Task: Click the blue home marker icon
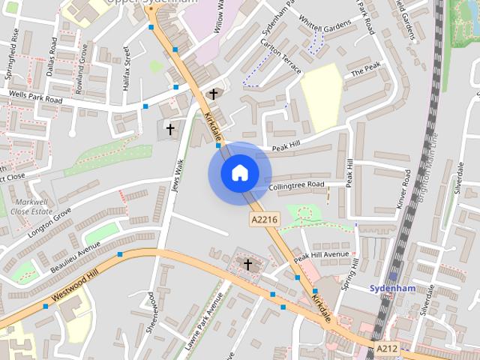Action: (239, 173)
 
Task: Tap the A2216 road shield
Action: (264, 219)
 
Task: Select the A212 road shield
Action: (387, 349)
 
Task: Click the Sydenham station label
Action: (392, 288)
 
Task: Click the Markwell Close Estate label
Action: (30, 207)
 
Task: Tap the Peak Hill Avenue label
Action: (321, 256)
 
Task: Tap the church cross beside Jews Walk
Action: (170, 130)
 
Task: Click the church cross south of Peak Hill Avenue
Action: (248, 264)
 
